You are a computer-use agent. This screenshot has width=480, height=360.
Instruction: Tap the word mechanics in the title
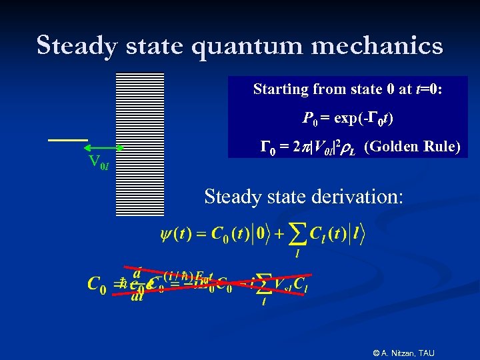pyautogui.click(x=383, y=45)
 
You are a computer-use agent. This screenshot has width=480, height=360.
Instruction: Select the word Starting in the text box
pyautogui.click(x=281, y=89)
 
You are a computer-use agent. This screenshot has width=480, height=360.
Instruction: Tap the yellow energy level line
pyautogui.click(x=67, y=140)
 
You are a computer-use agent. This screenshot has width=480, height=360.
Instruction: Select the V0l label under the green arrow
pyautogui.click(x=99, y=162)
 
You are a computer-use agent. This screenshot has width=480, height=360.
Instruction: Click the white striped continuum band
pyautogui.click(x=140, y=143)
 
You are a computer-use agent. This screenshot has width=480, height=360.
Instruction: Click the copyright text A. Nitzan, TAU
pyautogui.click(x=403, y=351)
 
